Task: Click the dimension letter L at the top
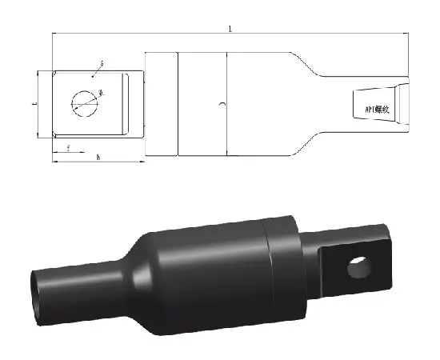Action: (x=231, y=29)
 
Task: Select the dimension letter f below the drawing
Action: (x=69, y=148)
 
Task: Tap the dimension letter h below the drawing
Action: (x=98, y=158)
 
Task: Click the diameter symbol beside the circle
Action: (x=101, y=94)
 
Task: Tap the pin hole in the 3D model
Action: (x=362, y=268)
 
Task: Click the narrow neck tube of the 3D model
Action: (x=76, y=284)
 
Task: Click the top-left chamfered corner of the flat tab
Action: (x=54, y=74)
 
